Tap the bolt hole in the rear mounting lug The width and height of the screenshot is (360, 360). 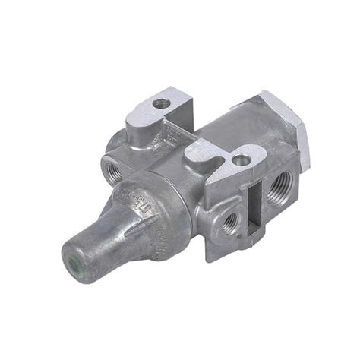pos(160,103)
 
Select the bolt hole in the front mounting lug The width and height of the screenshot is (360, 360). pos(240,160)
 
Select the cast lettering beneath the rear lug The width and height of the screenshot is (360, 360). pos(171,137)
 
